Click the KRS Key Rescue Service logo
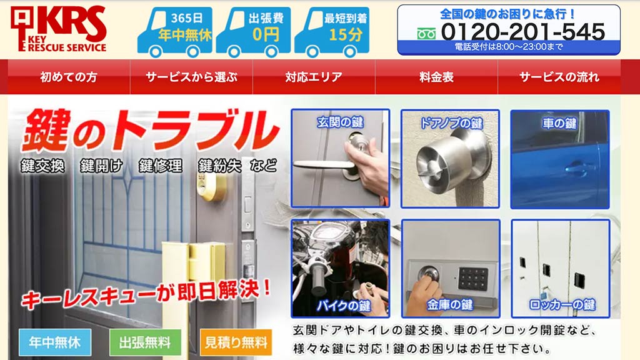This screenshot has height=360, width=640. tap(59, 29)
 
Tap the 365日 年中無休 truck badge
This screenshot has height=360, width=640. tap(175, 32)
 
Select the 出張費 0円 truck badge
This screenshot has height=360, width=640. tap(253, 32)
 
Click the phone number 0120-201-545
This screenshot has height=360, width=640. tap(523, 31)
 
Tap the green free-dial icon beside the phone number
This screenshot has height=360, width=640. tap(426, 34)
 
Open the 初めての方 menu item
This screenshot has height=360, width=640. tap(69, 77)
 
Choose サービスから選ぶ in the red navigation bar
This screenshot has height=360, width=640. tap(191, 77)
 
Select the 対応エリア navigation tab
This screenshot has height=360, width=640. tap(314, 77)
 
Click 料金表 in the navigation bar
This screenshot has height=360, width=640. tap(436, 77)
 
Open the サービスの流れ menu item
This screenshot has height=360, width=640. tap(559, 77)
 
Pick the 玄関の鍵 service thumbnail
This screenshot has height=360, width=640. tap(341, 158)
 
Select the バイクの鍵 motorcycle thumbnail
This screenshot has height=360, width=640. tap(341, 269)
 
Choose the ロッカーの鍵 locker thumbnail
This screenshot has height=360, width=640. tap(561, 269)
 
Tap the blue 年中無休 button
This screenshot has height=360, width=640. tap(55, 342)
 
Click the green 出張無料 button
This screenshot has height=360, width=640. tap(145, 342)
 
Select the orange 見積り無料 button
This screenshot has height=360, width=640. tap(236, 342)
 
